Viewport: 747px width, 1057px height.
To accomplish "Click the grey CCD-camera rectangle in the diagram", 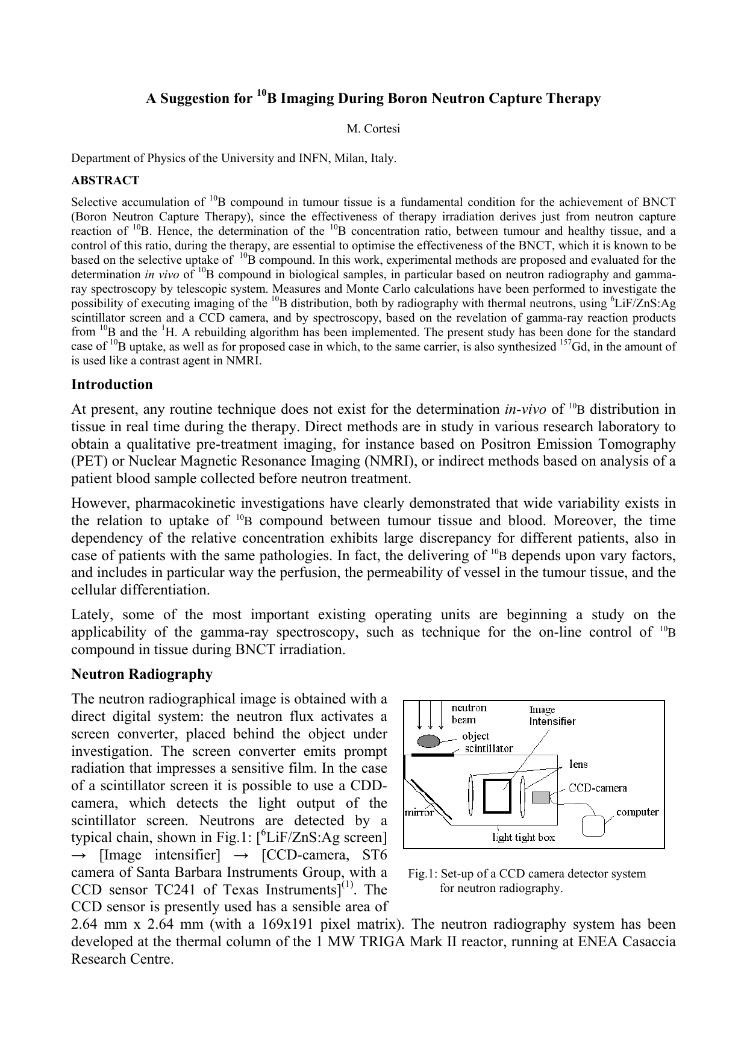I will (541, 797).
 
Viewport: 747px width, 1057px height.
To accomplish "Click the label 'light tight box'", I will (524, 837).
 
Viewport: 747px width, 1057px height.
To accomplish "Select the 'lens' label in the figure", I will (578, 764).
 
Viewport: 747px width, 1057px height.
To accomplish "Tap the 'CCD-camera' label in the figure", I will (598, 788).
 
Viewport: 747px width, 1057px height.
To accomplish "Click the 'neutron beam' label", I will (469, 714).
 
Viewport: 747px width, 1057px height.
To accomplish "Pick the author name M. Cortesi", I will (373, 128).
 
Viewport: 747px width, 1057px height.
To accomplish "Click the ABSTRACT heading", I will (105, 180).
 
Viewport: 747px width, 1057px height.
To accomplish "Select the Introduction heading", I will (112, 384).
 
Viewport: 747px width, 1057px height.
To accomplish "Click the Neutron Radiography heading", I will (142, 674).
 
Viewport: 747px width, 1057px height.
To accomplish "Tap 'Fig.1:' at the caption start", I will (422, 874).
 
